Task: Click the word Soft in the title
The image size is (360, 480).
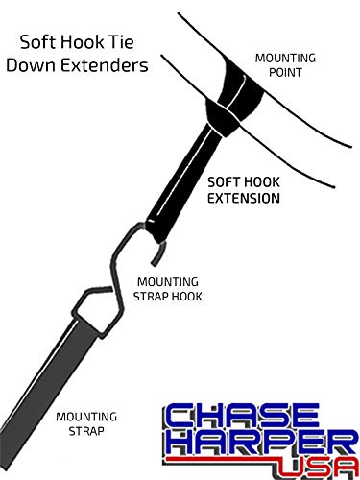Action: click(42, 42)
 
